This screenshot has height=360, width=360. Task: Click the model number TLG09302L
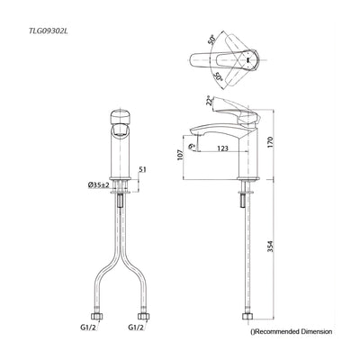[47, 31]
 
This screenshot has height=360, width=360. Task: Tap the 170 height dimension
[270, 144]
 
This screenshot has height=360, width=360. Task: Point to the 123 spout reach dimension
[222, 148]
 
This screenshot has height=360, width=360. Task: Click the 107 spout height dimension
[180, 155]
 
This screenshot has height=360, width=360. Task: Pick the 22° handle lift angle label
[210, 101]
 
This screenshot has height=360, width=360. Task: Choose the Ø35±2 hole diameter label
[98, 185]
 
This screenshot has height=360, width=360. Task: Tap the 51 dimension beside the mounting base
[142, 170]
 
